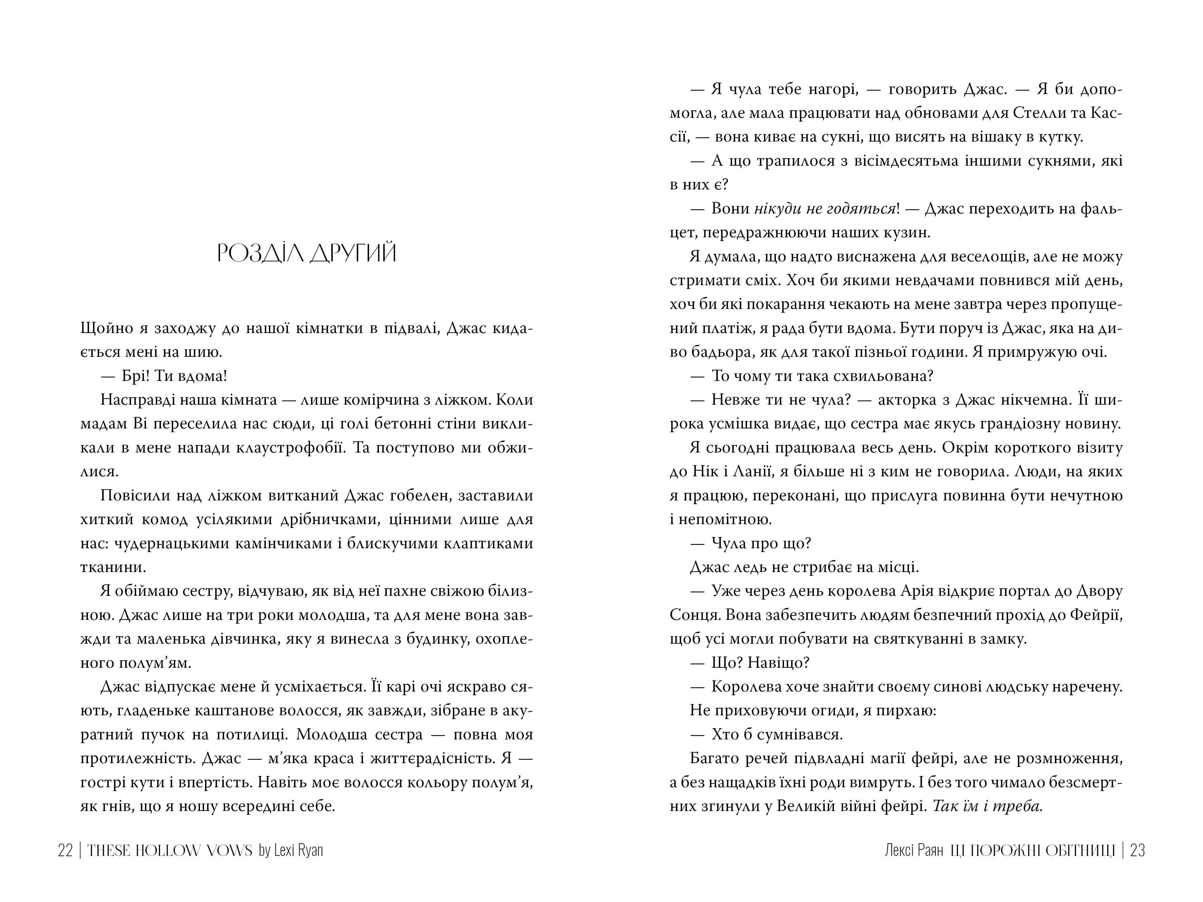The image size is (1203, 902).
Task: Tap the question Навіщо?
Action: [x=779, y=663]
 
